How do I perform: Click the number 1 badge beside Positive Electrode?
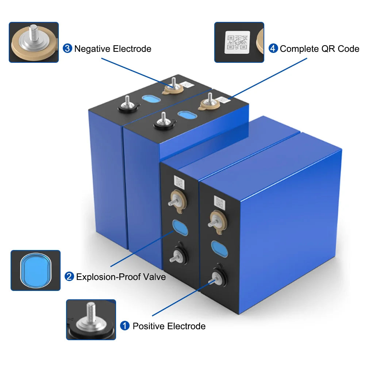coord(125,326)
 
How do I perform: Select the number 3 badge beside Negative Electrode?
coord(68,48)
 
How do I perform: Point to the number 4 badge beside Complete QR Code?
coord(273,48)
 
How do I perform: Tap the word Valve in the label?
coord(155,277)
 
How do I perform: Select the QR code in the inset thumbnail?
coord(238,41)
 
